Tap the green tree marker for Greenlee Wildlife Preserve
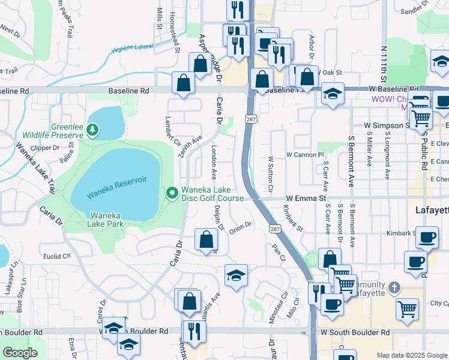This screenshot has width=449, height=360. click(92, 129)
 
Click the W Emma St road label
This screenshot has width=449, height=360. click(306, 197)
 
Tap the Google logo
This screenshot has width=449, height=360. click(20, 353)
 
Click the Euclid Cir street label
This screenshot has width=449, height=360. click(56, 255)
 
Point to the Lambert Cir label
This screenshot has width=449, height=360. click(169, 131)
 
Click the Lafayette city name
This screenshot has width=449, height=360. click(432, 210)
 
